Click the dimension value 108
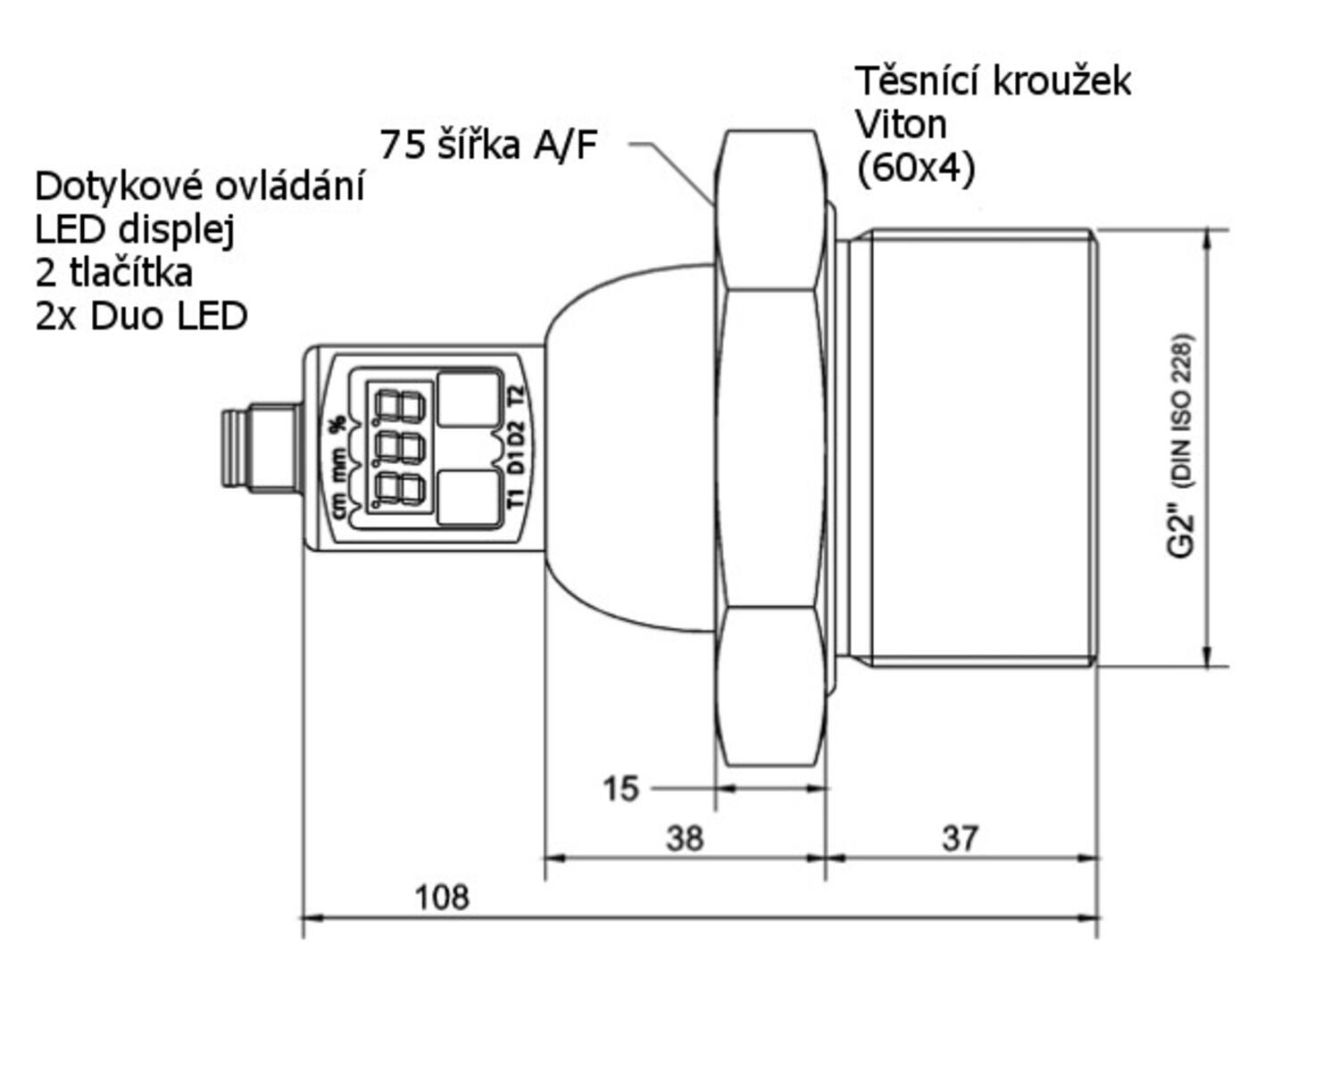click(442, 898)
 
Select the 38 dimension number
click(685, 838)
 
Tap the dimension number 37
click(961, 838)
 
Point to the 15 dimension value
click(620, 789)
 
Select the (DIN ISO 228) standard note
click(1182, 411)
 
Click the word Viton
click(901, 125)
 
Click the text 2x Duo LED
click(141, 317)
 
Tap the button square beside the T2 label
click(469, 400)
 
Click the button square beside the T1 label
click(469, 498)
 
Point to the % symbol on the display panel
click(337, 424)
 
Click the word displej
click(176, 231)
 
